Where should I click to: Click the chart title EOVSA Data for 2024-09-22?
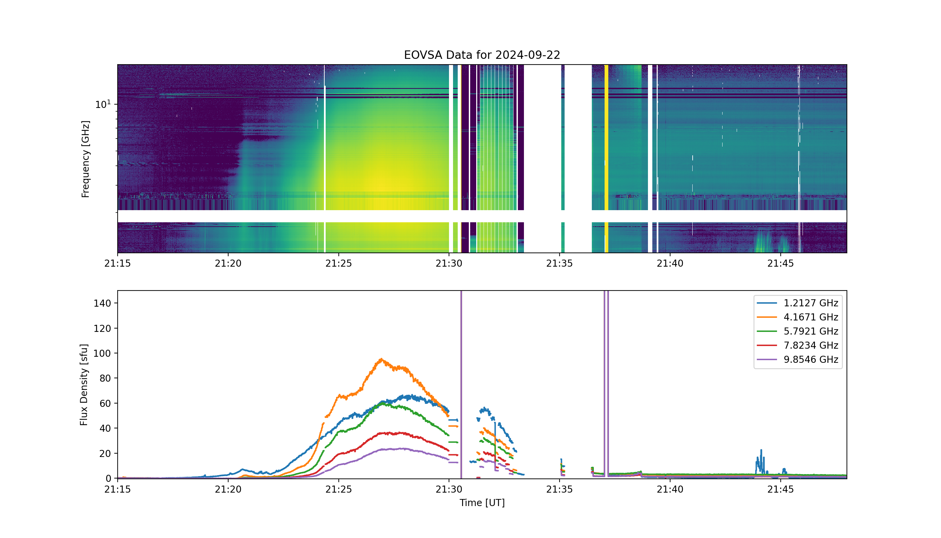pos(482,55)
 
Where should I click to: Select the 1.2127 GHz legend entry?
pos(797,303)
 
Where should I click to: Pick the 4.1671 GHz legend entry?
pos(797,317)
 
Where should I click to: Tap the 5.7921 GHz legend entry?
pos(797,331)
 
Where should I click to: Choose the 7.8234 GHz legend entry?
pos(797,345)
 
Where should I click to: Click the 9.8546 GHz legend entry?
pos(797,359)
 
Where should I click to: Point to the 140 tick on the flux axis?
pos(102,303)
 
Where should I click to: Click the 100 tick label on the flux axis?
pos(102,353)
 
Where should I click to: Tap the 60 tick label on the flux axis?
pos(105,403)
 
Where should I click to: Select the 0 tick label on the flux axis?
pos(109,478)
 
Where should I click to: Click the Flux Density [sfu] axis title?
pos(84,385)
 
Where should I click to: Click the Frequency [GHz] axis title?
pos(85,159)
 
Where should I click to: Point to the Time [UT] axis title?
pos(482,503)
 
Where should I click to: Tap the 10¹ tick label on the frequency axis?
pos(103,104)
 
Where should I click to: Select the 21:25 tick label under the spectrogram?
pos(338,264)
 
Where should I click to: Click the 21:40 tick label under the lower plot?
pos(670,489)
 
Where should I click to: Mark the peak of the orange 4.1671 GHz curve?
pos(381,359)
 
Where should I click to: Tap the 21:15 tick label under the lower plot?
pos(117,489)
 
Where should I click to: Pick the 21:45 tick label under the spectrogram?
pos(780,264)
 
